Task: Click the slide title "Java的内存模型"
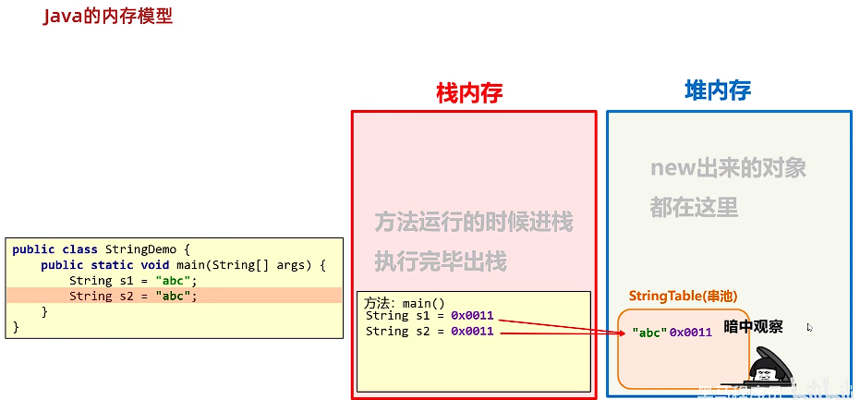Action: tap(107, 17)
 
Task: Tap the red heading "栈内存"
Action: tap(469, 92)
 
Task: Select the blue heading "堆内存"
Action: tap(718, 90)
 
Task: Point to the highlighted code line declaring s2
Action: tap(133, 297)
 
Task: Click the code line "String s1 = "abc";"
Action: tap(133, 281)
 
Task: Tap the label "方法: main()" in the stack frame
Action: tap(405, 303)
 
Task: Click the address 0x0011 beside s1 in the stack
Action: tap(472, 316)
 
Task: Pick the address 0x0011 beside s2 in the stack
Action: tap(472, 331)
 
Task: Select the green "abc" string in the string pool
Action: tap(649, 333)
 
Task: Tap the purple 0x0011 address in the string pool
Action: tap(691, 333)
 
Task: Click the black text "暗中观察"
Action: tap(753, 326)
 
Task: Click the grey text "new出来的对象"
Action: tap(728, 168)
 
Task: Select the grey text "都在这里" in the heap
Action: tap(694, 207)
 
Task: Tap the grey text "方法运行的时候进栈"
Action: tap(473, 222)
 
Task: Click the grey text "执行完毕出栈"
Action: tap(441, 261)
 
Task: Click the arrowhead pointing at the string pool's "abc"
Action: tap(623, 333)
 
